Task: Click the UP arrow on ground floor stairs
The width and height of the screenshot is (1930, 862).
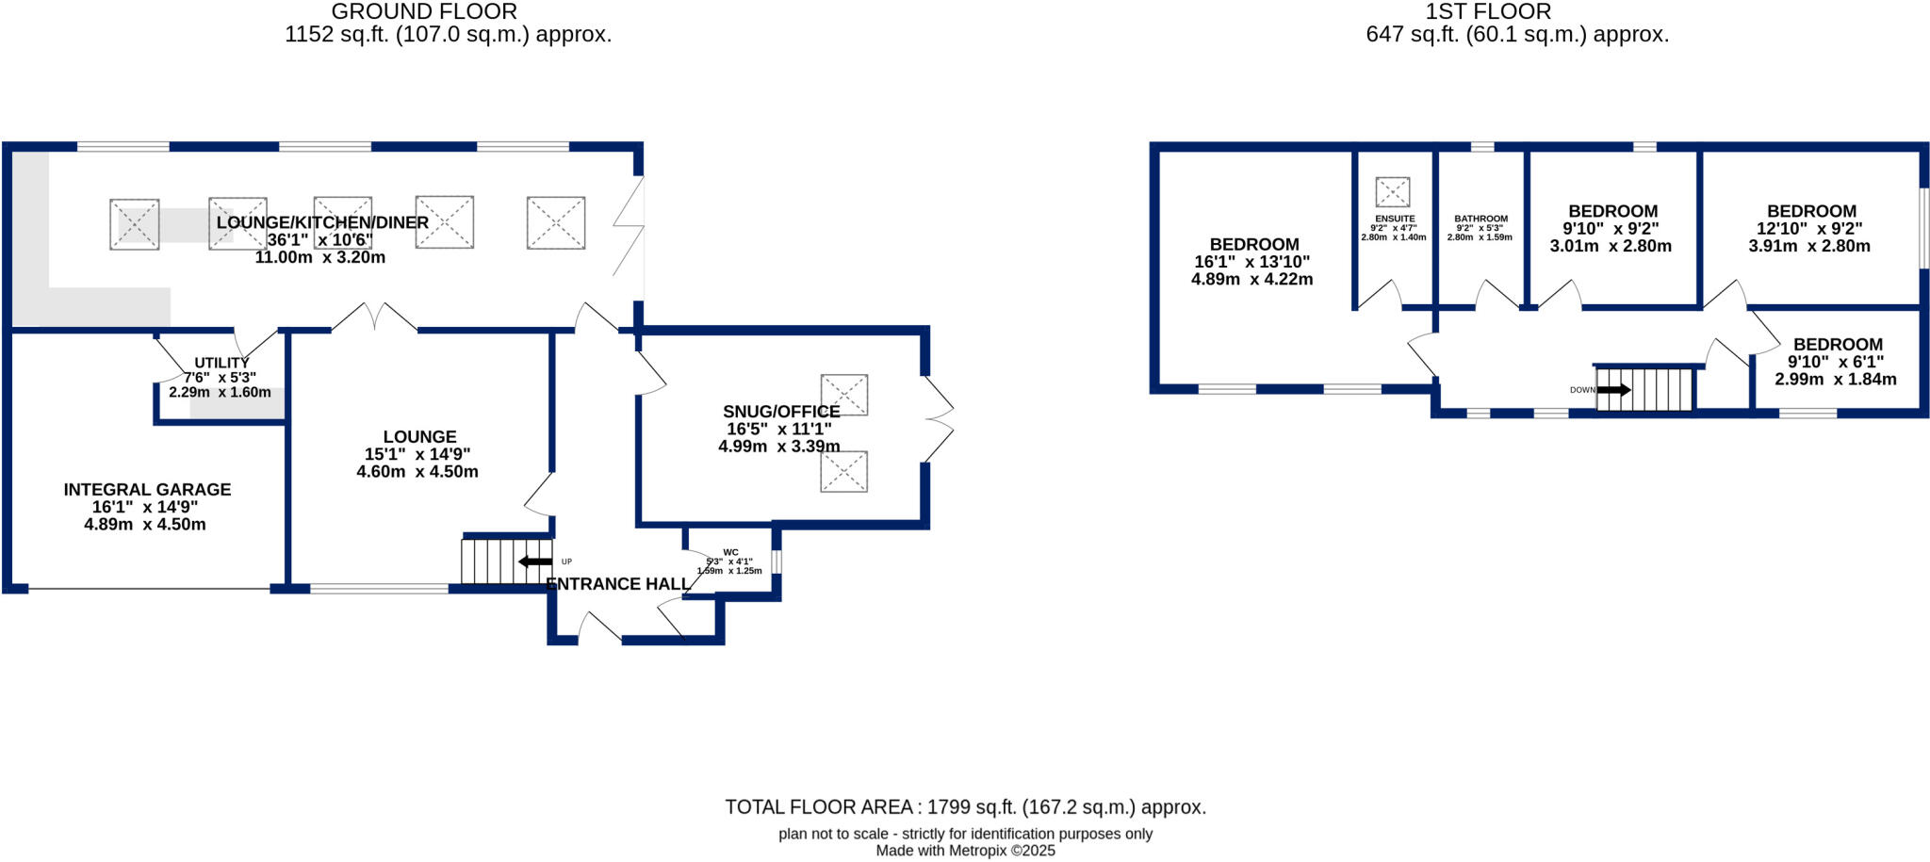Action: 534,561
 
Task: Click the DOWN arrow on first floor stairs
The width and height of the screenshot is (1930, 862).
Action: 1612,390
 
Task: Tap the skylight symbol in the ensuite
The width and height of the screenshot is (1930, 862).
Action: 1392,192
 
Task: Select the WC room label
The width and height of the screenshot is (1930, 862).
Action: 730,553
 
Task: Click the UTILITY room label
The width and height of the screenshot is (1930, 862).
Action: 221,363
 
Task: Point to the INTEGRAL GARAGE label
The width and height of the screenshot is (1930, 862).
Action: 147,490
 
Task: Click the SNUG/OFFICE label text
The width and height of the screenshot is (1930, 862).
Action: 781,412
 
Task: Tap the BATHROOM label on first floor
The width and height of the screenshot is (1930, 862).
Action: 1480,219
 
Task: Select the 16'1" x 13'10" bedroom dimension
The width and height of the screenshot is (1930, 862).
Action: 1251,262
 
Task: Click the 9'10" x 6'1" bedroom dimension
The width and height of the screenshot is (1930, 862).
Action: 1835,362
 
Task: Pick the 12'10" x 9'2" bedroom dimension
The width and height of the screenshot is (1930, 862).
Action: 1809,229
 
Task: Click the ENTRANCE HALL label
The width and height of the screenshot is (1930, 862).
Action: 617,584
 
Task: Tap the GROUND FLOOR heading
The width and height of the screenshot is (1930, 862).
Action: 424,12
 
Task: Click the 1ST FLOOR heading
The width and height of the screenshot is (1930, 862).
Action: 1488,12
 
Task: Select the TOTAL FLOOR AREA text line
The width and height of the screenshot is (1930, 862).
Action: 965,807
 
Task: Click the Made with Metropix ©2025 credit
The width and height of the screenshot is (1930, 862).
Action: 965,851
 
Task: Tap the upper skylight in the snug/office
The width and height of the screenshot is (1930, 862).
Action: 843,395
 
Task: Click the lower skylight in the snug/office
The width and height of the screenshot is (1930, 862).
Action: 843,471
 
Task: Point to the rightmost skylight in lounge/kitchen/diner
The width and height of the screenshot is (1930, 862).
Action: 556,222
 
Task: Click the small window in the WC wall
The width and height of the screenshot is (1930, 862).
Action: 776,561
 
